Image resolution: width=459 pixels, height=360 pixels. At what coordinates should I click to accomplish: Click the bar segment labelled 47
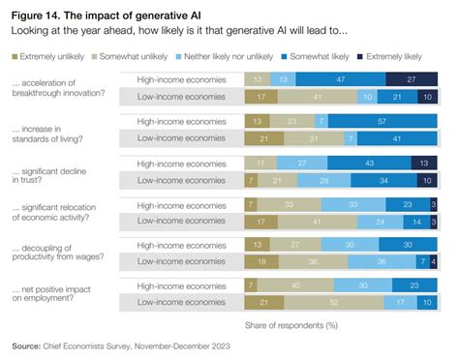click(339, 78)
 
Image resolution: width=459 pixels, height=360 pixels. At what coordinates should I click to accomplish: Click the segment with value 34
click(383, 180)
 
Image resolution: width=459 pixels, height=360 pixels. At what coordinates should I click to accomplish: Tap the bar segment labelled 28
click(325, 180)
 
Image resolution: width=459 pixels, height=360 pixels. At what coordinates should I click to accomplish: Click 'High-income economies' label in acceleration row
click(181, 78)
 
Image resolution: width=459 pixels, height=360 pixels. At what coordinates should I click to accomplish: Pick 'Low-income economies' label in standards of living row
click(181, 138)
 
